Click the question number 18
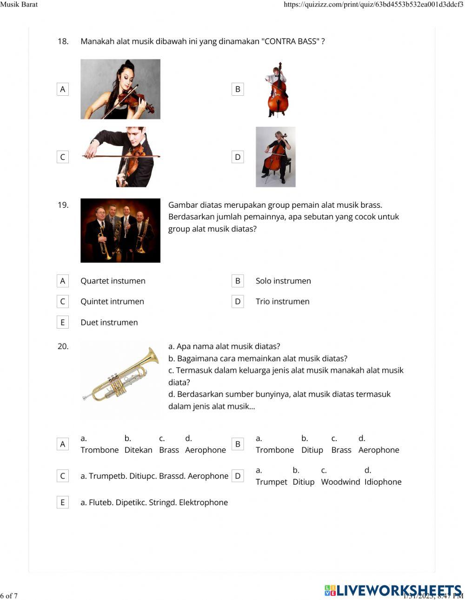click(x=63, y=41)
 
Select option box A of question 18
click(x=63, y=89)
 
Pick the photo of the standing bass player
click(x=277, y=89)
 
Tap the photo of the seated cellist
click(x=275, y=157)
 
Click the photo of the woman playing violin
click(x=120, y=89)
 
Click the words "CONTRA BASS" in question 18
click(x=291, y=41)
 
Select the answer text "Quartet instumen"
click(x=113, y=281)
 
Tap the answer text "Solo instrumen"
click(x=283, y=281)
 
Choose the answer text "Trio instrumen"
click(x=282, y=301)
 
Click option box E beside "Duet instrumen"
click(x=63, y=322)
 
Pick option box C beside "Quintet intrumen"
click(x=63, y=301)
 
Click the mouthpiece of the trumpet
click(x=86, y=397)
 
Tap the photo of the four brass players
click(x=120, y=231)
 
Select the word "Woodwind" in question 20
click(x=340, y=482)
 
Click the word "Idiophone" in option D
click(x=383, y=482)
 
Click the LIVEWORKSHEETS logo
click(x=393, y=590)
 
